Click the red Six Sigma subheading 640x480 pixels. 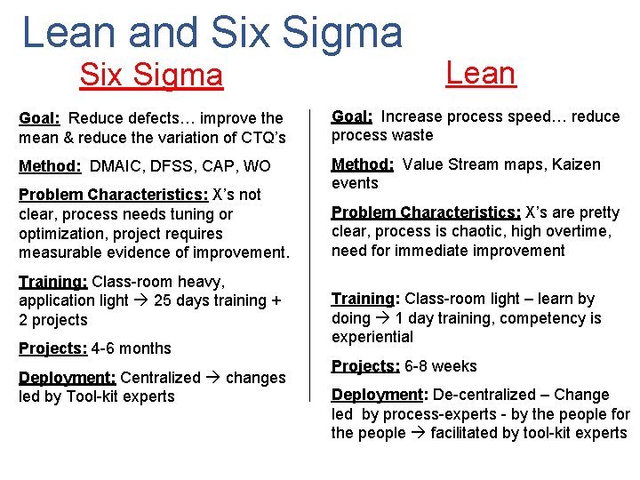(151, 75)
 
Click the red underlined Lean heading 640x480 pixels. (480, 72)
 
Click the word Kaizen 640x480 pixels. (575, 164)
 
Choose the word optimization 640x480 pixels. (60, 234)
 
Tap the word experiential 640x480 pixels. (372, 337)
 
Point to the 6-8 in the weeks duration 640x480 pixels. (417, 366)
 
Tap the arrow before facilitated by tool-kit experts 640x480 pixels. (417, 433)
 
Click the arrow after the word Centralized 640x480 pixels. (213, 378)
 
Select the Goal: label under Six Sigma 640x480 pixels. (39, 118)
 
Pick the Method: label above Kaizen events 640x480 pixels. (363, 164)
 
